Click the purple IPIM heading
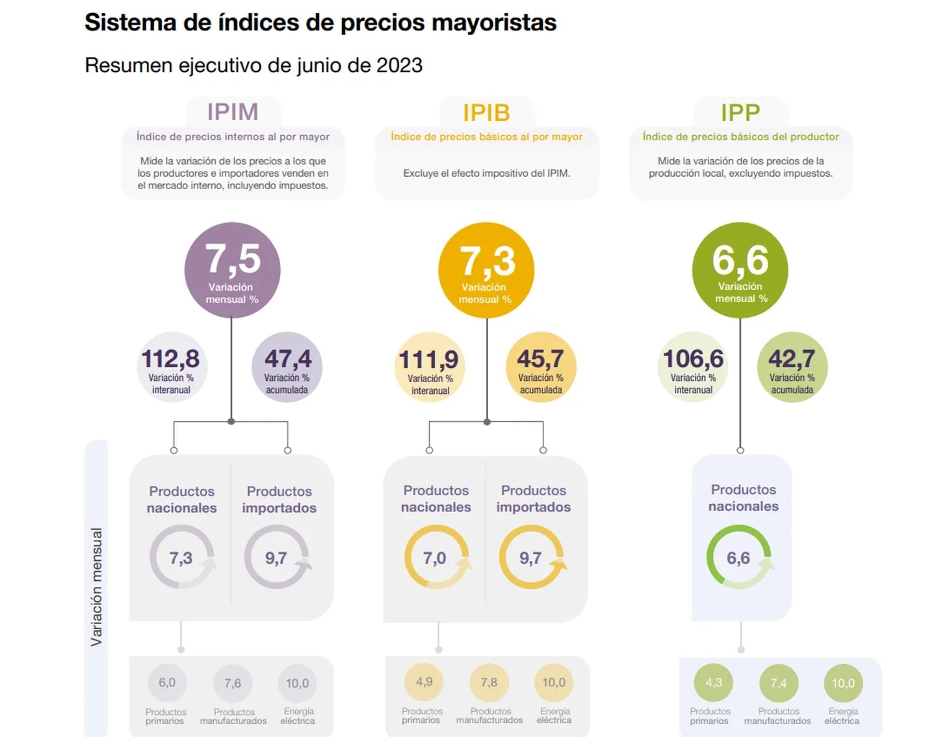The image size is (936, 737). pos(233,112)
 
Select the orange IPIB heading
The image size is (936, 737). pos(486,113)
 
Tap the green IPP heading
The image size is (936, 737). pos(740,113)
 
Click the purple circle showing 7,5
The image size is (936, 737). pos(232,270)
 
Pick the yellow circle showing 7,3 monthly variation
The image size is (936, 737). pos(486,270)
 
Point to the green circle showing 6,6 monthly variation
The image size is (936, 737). pos(740,270)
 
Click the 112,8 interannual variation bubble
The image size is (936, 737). pos(172,367)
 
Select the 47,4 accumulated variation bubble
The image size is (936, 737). pos(287,367)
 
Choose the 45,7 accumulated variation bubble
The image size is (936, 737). pos(541,367)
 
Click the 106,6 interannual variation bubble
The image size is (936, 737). pos(693,367)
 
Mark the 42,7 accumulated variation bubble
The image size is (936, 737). pos(792,367)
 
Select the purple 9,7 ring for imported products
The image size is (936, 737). pos(276,558)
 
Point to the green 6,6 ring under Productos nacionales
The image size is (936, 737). pos(739,558)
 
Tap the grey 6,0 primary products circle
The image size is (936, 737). pos(167,682)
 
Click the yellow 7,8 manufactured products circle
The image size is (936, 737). pos(489,682)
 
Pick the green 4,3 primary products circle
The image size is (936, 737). pos(714,682)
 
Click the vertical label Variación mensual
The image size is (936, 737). pos(96,587)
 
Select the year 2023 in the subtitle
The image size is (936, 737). pos(399,66)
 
